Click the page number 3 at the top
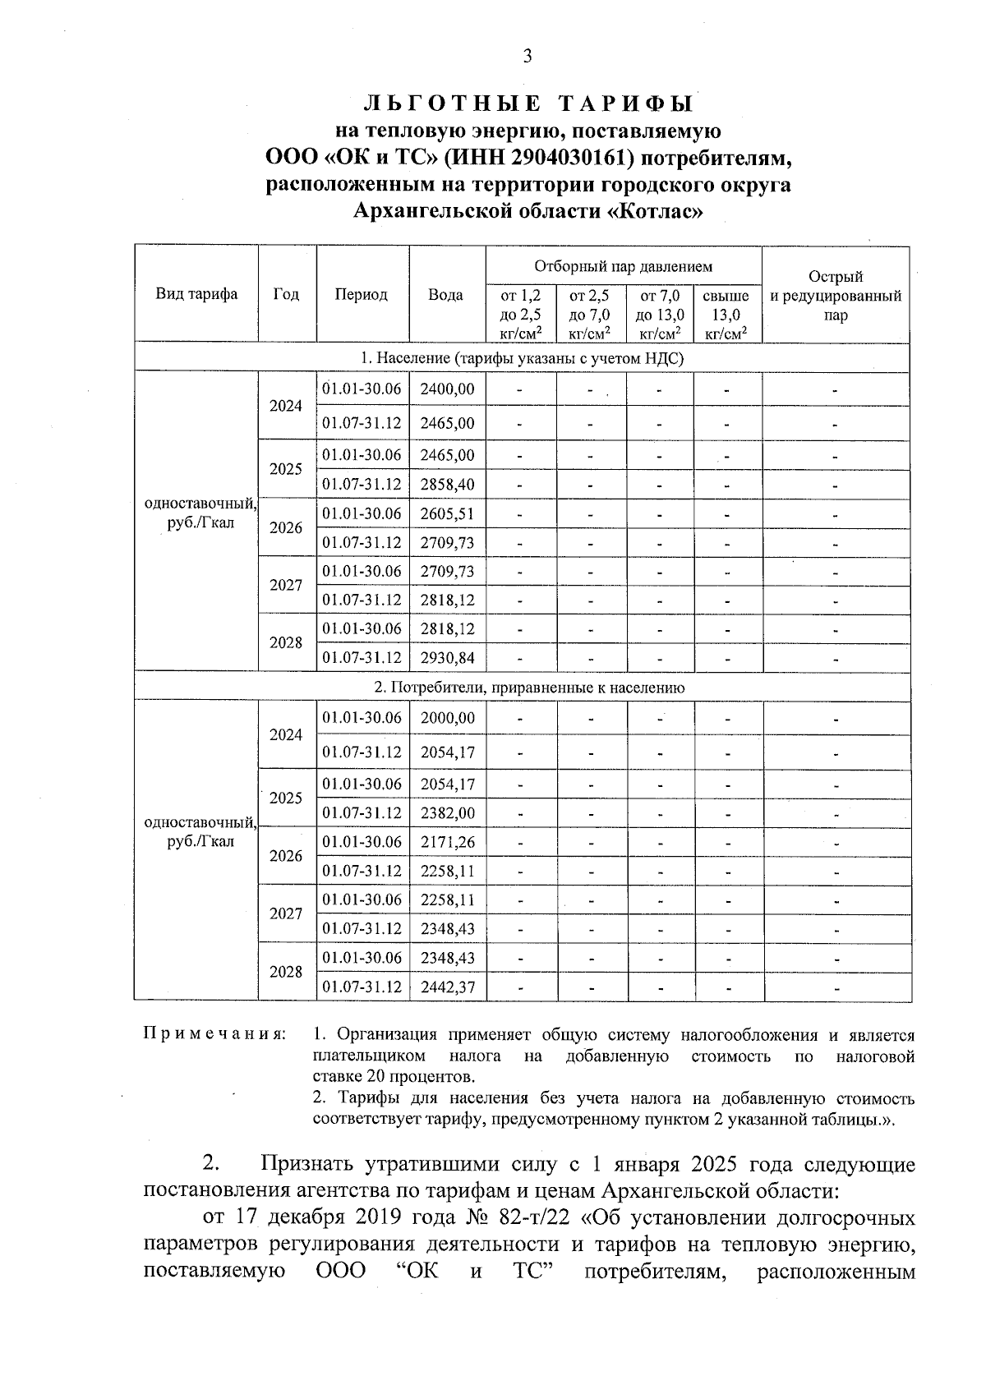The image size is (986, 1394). (x=528, y=56)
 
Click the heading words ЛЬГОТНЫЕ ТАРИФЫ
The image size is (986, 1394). (x=528, y=104)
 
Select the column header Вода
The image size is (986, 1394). (x=446, y=294)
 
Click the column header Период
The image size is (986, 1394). (x=362, y=294)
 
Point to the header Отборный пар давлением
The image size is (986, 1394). (x=623, y=266)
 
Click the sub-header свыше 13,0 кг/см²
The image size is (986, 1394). (x=727, y=313)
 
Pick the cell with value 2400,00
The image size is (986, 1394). (x=447, y=389)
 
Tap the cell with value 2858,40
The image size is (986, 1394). (x=447, y=484)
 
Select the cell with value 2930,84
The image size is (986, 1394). (x=447, y=657)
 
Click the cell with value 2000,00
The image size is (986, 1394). (x=447, y=717)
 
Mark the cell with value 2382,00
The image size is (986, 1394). (x=447, y=812)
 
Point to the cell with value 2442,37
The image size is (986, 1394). (x=447, y=987)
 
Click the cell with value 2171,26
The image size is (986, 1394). (x=447, y=842)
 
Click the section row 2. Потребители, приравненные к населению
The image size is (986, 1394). (x=523, y=688)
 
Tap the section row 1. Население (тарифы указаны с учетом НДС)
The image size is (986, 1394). (x=523, y=358)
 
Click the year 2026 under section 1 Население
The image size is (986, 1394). (x=286, y=527)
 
